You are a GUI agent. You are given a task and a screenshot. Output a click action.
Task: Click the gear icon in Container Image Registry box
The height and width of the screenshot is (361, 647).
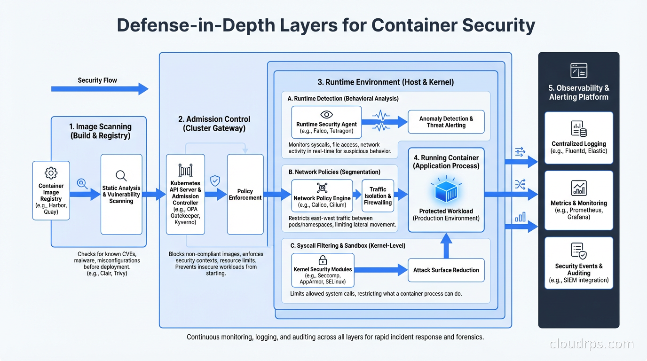(x=51, y=173)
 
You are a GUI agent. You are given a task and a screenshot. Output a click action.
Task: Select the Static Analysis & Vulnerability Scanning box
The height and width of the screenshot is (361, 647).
(x=121, y=194)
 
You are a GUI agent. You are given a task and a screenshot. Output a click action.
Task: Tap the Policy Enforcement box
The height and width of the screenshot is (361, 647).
(x=245, y=194)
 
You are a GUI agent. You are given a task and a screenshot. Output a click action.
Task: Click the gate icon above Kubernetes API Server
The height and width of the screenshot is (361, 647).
(x=185, y=170)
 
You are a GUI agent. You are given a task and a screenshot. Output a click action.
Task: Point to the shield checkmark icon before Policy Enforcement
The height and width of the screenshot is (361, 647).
(x=215, y=180)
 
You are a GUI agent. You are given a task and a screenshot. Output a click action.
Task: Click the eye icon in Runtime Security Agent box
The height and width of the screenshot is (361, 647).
(x=326, y=115)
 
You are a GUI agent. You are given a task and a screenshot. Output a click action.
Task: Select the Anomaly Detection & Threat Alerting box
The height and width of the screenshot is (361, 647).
(x=446, y=122)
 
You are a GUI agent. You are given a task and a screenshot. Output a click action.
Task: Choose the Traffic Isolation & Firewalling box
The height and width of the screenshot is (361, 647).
(x=378, y=196)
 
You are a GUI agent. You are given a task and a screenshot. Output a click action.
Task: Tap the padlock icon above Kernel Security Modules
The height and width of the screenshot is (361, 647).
(x=323, y=260)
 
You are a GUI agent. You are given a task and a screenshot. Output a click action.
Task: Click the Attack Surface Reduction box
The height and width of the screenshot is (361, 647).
(x=446, y=270)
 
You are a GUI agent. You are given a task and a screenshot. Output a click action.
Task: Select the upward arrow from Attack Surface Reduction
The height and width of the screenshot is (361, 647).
(x=446, y=245)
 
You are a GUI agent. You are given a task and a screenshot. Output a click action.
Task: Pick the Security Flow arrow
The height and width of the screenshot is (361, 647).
(x=100, y=89)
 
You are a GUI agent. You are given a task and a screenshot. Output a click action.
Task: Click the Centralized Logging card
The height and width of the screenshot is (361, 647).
(x=578, y=137)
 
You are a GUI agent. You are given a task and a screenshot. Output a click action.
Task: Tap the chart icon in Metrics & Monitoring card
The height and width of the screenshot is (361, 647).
(x=578, y=188)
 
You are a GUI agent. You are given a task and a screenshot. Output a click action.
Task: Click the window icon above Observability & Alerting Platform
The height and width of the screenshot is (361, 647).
(x=578, y=71)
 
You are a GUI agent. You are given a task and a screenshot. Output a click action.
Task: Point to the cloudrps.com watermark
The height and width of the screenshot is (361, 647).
(x=592, y=344)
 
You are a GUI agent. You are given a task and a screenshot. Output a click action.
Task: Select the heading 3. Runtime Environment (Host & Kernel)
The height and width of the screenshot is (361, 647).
(x=386, y=82)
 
